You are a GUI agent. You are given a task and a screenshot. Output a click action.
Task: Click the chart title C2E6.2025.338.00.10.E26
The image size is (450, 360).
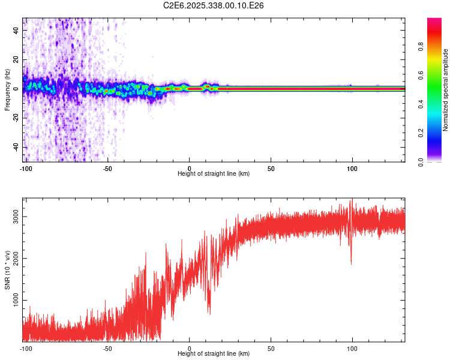pos(214,5)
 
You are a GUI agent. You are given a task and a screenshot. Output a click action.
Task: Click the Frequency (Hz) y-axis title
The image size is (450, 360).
pos(7,89)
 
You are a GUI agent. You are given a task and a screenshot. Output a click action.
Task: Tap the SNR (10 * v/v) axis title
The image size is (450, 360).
pos(7,269)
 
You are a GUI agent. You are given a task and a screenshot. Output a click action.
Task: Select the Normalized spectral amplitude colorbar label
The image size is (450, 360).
pos(446,90)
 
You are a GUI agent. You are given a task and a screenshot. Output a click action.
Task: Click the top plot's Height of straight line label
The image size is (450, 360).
pos(214,174)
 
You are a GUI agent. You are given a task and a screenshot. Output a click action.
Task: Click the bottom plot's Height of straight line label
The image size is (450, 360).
pos(214,354)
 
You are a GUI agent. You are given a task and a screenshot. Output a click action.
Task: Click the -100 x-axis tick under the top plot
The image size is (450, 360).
pos(26,168)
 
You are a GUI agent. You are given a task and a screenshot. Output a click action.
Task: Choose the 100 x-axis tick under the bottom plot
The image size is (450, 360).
pos(352,348)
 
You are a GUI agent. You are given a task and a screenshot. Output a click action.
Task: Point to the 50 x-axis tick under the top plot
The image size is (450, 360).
pos(271,168)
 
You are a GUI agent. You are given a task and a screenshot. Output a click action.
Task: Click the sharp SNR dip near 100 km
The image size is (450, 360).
pos(351,262)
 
